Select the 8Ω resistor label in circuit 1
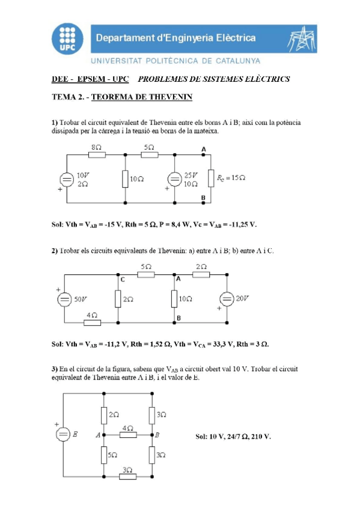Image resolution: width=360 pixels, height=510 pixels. pos(96,147)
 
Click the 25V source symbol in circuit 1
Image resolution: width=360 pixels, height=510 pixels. pos(174,179)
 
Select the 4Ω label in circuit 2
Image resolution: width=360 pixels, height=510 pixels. pos(91,315)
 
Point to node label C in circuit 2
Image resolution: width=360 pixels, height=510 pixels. pos(122,280)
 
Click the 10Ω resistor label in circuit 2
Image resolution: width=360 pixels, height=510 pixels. pos(186,299)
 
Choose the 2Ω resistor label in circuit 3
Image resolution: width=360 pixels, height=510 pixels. pos(114,415)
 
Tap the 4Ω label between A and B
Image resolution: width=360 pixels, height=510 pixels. pos(127,428)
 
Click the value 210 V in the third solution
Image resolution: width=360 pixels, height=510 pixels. pos(260,436)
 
